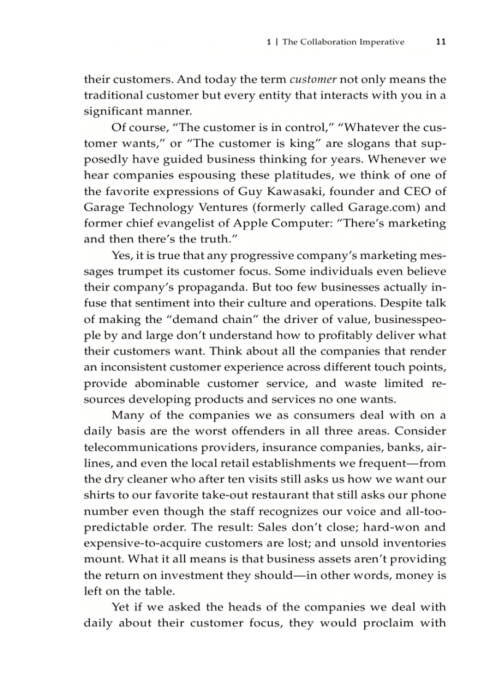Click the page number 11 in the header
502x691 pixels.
440,42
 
